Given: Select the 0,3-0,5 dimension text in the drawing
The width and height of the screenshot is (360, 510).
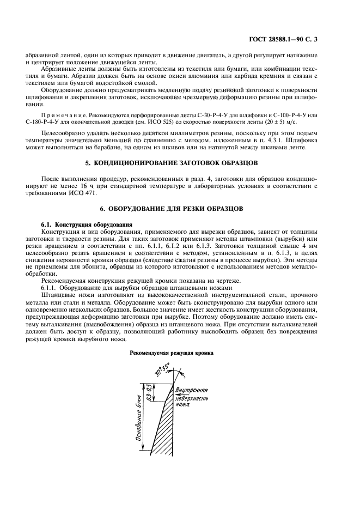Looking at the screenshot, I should [150, 392].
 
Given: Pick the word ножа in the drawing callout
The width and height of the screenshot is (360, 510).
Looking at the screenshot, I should [182, 405].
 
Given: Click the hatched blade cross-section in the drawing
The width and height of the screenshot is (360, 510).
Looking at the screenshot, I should [158, 430].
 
